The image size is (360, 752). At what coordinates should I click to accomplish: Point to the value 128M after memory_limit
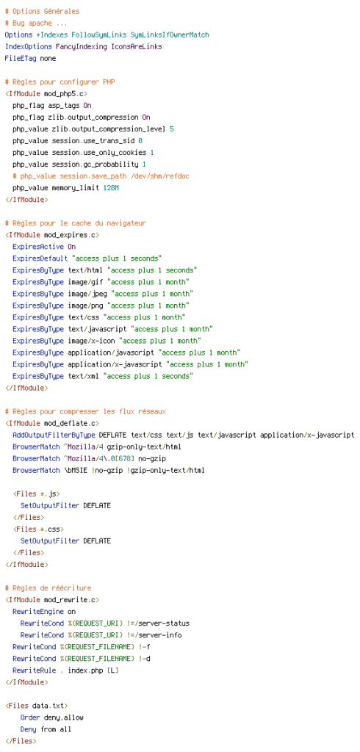pyautogui.click(x=111, y=188)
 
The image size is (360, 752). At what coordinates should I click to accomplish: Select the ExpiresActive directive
pyautogui.click(x=38, y=247)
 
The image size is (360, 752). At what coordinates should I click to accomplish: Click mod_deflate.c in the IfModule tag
pyautogui.click(x=70, y=423)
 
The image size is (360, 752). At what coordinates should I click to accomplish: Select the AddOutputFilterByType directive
pyautogui.click(x=54, y=435)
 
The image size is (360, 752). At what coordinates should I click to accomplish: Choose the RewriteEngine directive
pyautogui.click(x=38, y=612)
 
